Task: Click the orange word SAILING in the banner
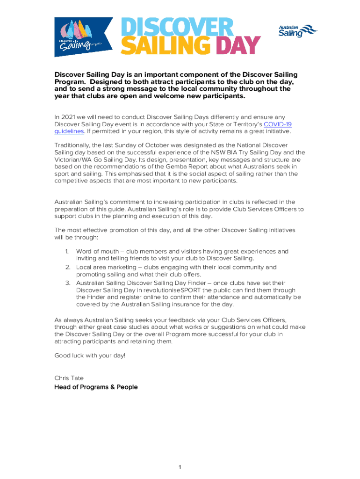[x=168, y=46]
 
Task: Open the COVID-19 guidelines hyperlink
[x=278, y=124]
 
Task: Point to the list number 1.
[x=67, y=251]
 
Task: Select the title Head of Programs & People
[x=96, y=387]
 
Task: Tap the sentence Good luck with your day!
[x=90, y=356]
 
